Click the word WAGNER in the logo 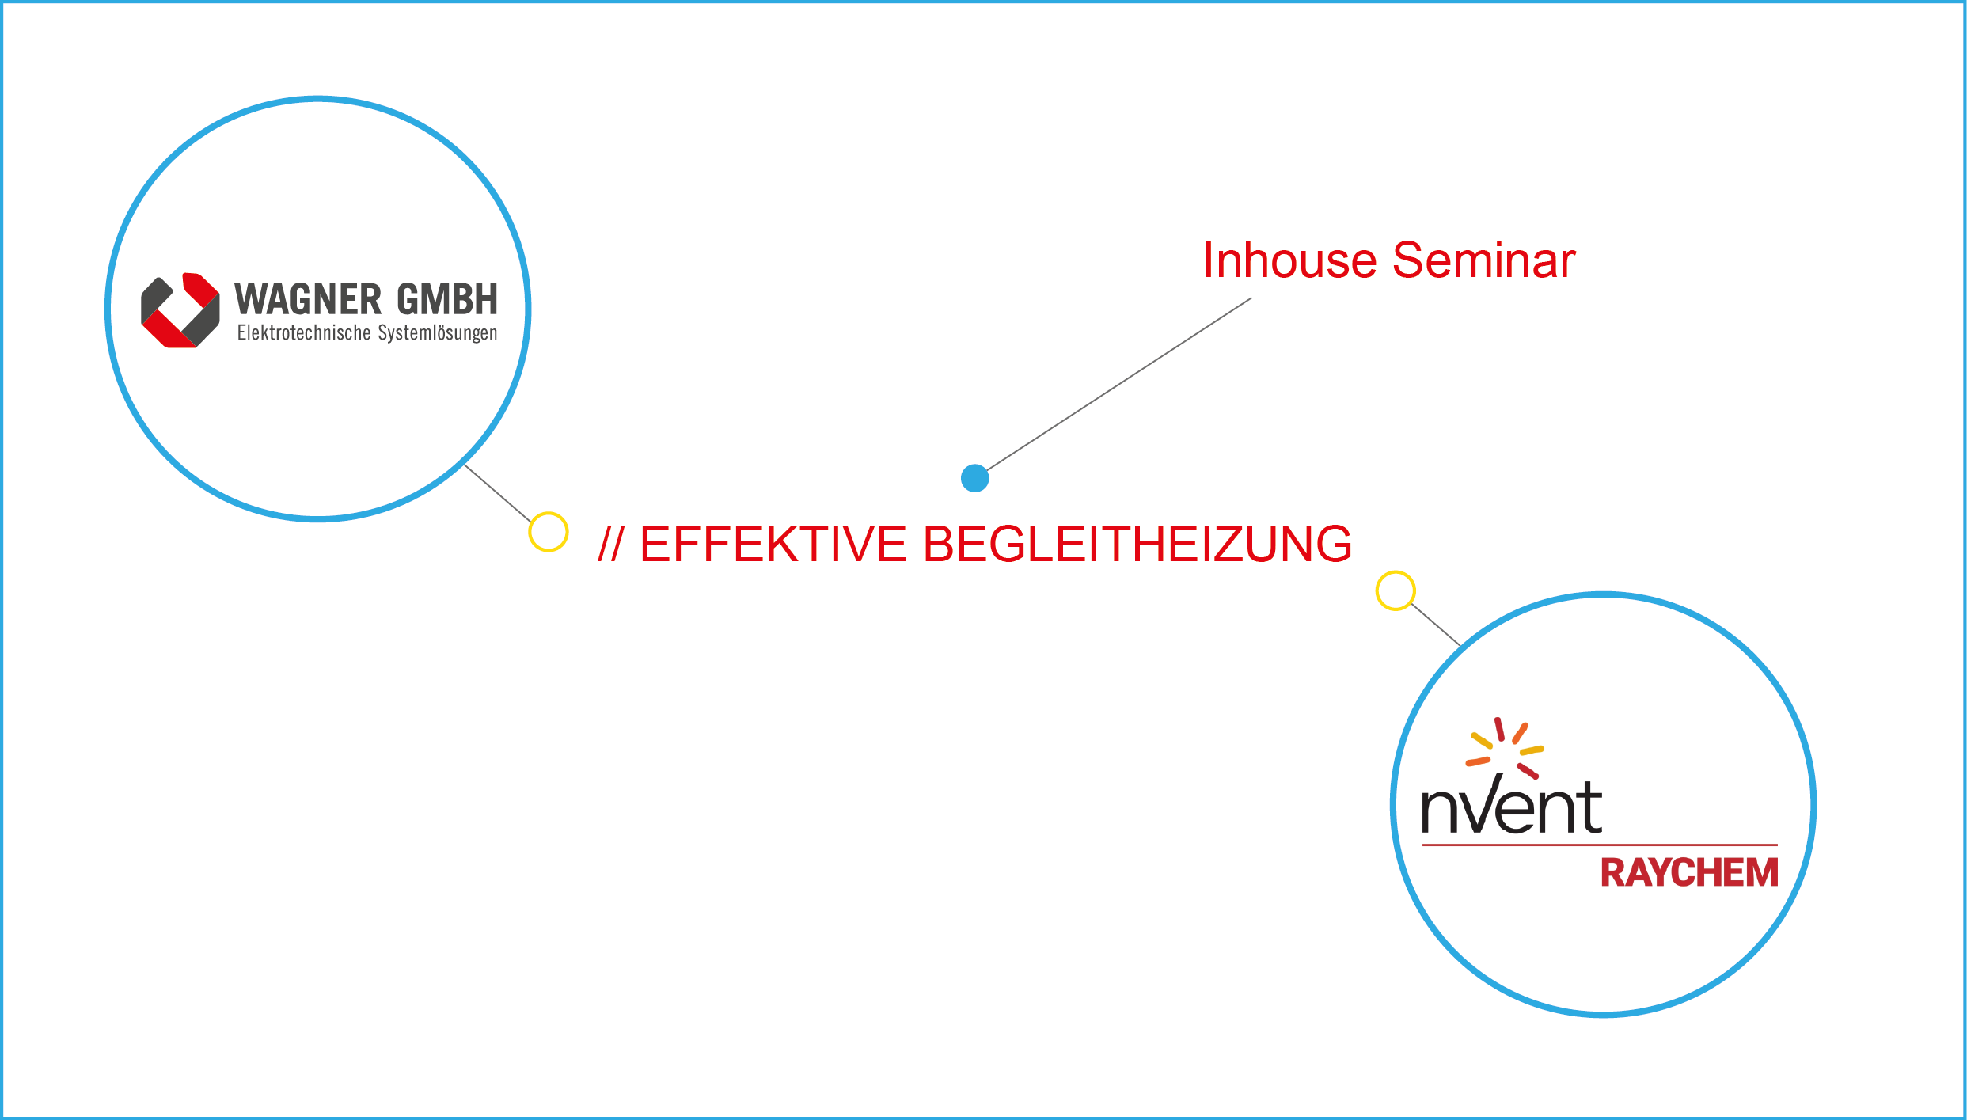(x=308, y=299)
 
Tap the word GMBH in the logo (x=447, y=299)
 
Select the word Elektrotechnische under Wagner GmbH (x=304, y=332)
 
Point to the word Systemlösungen (x=438, y=333)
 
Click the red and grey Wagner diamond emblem (x=180, y=310)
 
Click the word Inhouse (x=1289, y=260)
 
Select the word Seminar (x=1484, y=260)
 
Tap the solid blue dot (x=975, y=478)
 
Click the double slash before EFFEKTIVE (x=611, y=544)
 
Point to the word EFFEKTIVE (x=773, y=544)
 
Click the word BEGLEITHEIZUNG (x=1137, y=544)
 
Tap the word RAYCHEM (x=1689, y=873)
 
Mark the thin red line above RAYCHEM (x=1600, y=845)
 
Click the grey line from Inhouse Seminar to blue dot (x=1119, y=384)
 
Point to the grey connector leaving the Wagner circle (x=498, y=493)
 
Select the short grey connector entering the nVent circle (x=1437, y=625)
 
